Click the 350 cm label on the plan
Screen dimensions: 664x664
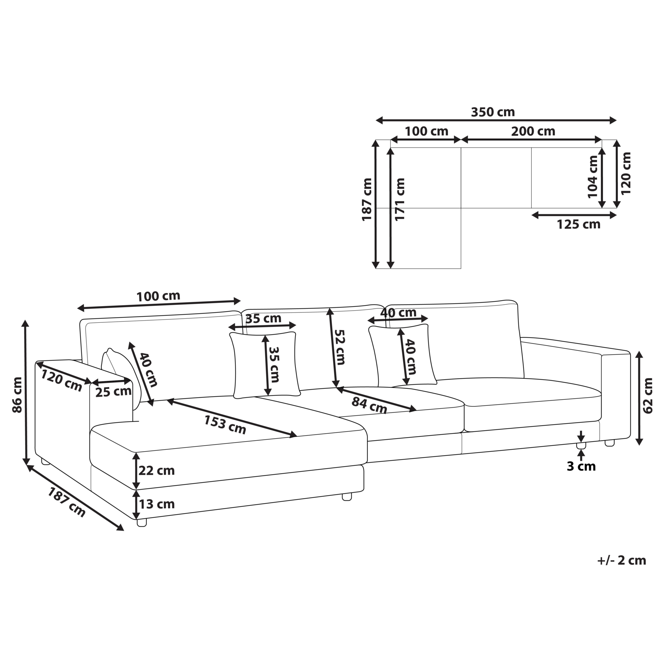(x=492, y=112)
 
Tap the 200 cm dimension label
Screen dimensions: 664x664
(x=533, y=131)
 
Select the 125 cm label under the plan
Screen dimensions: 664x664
(x=578, y=224)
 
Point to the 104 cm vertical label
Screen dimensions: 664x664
(x=592, y=177)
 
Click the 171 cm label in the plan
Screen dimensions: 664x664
(x=400, y=200)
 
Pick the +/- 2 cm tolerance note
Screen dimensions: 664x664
(x=622, y=560)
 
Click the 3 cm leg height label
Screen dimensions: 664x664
(x=581, y=466)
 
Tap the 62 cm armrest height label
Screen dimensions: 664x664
(x=647, y=395)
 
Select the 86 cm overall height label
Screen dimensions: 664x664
(x=17, y=395)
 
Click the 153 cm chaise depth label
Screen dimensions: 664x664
(x=225, y=425)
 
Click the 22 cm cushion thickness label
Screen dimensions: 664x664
(x=156, y=471)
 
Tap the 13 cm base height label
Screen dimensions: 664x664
(x=156, y=504)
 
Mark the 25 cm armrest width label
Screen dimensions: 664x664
(x=113, y=391)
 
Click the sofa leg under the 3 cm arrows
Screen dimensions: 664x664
(x=581, y=445)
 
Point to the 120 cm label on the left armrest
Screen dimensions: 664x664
(x=61, y=380)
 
